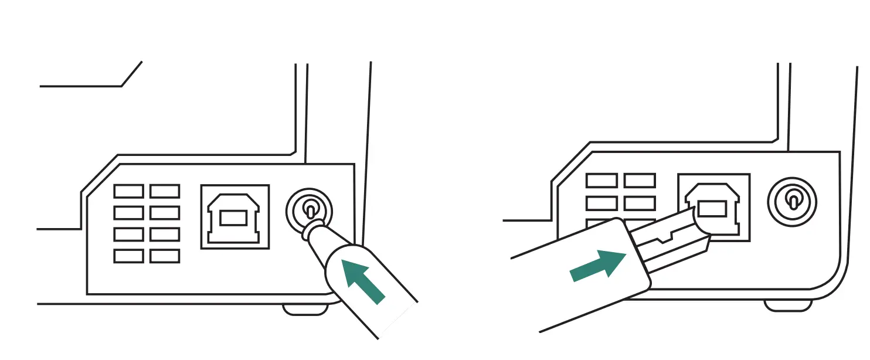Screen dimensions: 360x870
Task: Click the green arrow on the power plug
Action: [x=363, y=280]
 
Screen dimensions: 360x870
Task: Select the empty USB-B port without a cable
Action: [x=235, y=216]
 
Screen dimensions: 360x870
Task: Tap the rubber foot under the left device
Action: [x=304, y=309]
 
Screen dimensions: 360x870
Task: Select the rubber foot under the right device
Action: [x=787, y=305]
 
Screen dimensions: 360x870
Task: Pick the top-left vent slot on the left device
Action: [x=128, y=191]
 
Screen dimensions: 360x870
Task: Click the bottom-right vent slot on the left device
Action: [x=165, y=256]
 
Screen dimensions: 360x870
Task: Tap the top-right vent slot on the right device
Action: [x=639, y=181]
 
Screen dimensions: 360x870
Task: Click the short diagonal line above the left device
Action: [x=131, y=73]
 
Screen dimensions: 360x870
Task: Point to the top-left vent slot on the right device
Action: [x=601, y=181]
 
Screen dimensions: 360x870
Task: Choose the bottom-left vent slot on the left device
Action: [x=128, y=256]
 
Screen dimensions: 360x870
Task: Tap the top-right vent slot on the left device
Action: [x=165, y=191]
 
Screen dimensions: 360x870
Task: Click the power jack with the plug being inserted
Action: [x=309, y=210]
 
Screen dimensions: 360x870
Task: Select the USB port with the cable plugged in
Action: [x=714, y=206]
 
